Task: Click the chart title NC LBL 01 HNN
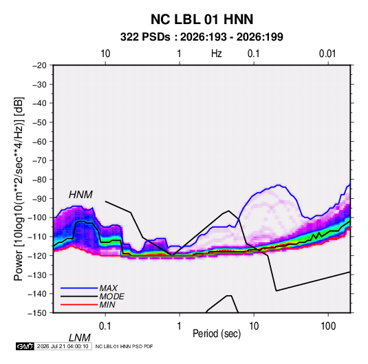tap(202, 19)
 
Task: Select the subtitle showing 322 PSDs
tap(202, 37)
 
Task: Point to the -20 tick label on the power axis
tap(39, 65)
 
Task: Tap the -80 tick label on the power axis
tap(39, 180)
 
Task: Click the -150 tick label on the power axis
tap(37, 313)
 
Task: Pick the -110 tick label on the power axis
tap(37, 237)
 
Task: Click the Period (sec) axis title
tap(217, 334)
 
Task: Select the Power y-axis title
tap(19, 189)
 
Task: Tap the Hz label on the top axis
tap(217, 54)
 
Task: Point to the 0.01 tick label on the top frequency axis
tap(327, 54)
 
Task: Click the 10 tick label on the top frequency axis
tap(105, 54)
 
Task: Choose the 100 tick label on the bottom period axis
tap(328, 325)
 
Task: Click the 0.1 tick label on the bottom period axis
tap(105, 325)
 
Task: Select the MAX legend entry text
tap(109, 288)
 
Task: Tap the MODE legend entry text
tap(111, 297)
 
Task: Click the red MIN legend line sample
tap(79, 305)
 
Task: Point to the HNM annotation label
tap(80, 195)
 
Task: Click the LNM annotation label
tap(80, 338)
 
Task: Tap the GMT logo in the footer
tap(25, 346)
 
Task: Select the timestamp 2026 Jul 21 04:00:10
tap(63, 346)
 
